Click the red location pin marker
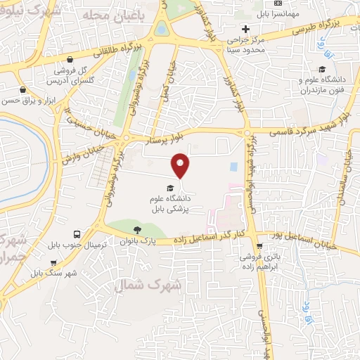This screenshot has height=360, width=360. (181, 165)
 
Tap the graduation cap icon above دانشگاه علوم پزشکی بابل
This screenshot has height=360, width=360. (169, 187)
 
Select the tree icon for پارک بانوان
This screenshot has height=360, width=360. (137, 229)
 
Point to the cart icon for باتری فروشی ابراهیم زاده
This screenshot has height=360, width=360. (260, 246)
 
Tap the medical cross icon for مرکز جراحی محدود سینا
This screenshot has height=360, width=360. (245, 29)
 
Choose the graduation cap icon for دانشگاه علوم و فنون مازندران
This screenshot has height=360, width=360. (321, 69)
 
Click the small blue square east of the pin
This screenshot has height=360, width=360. (233, 167)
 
